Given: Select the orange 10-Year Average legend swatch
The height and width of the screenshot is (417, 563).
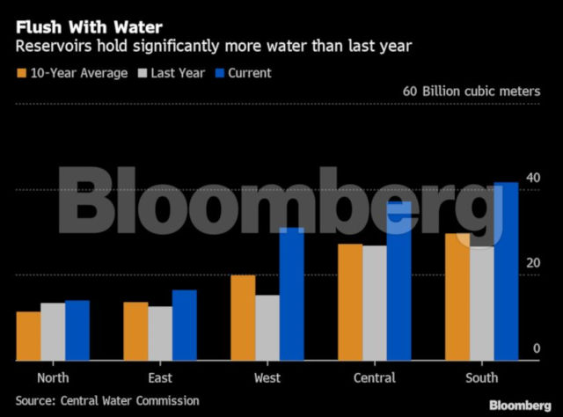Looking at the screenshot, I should (21, 72).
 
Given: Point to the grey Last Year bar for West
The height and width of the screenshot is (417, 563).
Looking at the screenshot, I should (267, 327).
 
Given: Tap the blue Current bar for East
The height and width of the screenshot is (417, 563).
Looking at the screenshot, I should (185, 325).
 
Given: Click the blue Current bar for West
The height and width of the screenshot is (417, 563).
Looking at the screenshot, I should (291, 294).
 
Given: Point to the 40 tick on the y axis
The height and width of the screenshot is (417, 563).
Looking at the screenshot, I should (532, 179).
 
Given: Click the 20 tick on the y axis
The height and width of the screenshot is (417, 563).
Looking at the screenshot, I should (532, 264).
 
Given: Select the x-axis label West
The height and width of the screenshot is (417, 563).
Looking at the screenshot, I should (267, 378).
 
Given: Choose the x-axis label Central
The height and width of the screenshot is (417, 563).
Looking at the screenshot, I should (374, 378).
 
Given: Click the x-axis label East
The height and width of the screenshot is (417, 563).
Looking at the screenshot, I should (160, 378).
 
